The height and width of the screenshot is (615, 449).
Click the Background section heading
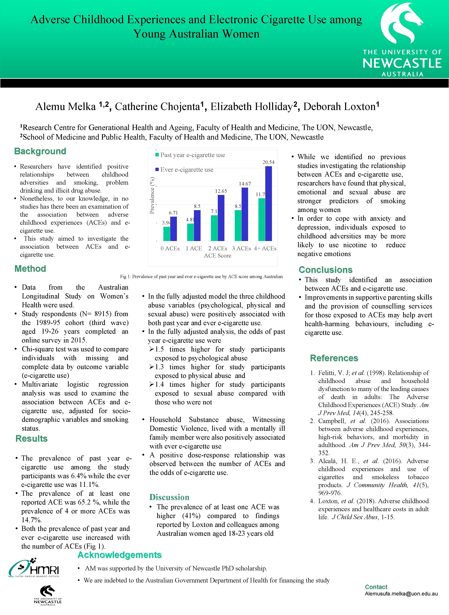(x=40, y=151)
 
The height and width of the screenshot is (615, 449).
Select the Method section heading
(x=30, y=269)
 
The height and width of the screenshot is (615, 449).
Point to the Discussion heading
(x=169, y=497)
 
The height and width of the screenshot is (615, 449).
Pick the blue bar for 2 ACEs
(x=221, y=218)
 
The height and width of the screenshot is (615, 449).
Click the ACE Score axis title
(x=217, y=256)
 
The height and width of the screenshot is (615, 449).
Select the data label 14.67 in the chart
(x=245, y=184)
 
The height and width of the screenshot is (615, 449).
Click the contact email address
(x=401, y=594)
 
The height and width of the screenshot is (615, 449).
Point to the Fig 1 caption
(x=201, y=277)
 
